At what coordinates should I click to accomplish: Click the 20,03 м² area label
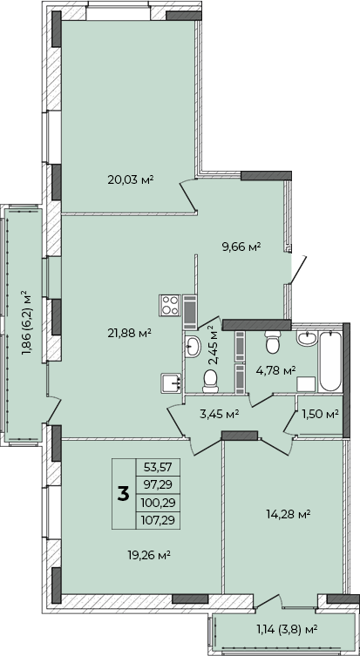click(131, 179)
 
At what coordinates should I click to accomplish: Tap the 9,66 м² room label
click(241, 247)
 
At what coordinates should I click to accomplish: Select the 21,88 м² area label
click(128, 333)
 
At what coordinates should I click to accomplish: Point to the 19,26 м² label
click(148, 555)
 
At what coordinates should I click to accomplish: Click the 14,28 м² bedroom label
click(288, 513)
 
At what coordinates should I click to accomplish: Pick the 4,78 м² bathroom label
click(275, 370)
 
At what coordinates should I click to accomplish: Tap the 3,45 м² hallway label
click(219, 414)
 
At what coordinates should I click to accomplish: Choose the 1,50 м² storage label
click(320, 414)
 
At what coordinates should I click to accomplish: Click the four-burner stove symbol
click(169, 306)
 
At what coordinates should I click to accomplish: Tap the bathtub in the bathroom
click(330, 361)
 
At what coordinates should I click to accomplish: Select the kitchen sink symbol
click(171, 383)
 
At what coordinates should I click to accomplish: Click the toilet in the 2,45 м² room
click(210, 382)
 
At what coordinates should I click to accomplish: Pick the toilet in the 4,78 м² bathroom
click(273, 342)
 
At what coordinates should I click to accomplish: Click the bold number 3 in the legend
click(124, 494)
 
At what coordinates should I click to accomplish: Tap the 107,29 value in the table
click(159, 520)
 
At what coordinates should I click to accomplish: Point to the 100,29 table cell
click(159, 503)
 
